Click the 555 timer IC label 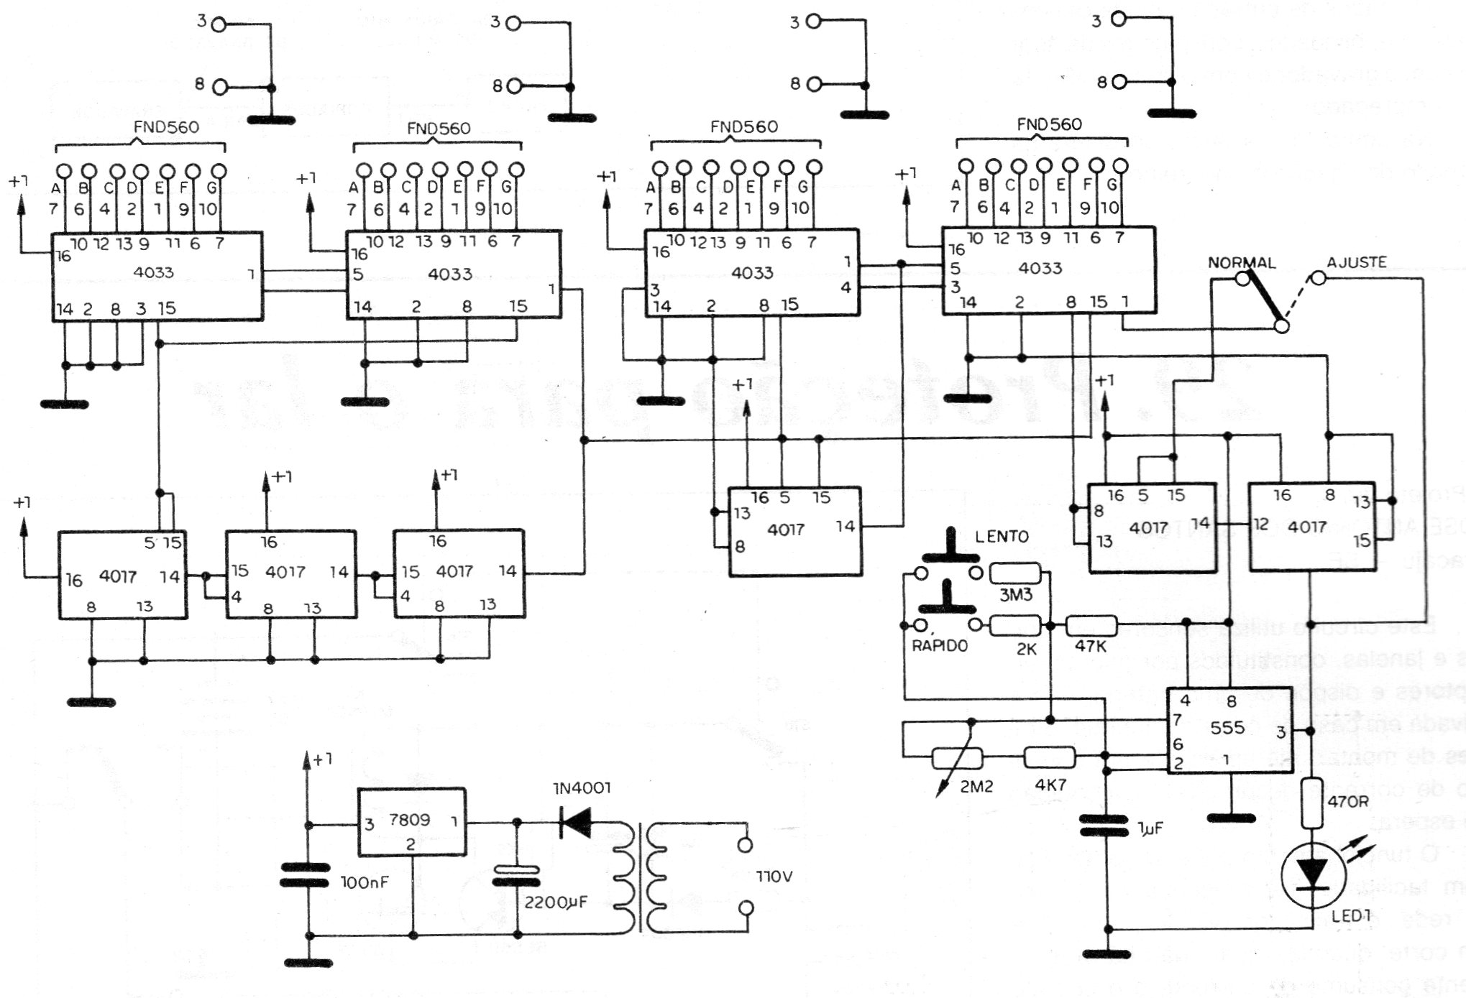tap(1227, 728)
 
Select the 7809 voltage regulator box tap(411, 822)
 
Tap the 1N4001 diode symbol tap(576, 822)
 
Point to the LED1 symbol tap(1313, 875)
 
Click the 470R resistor tap(1313, 803)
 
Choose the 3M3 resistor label tap(1016, 594)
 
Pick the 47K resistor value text tap(1090, 646)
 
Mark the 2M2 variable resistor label tap(976, 786)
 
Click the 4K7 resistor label tap(1050, 785)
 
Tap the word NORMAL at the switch tap(1241, 263)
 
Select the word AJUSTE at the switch tap(1357, 262)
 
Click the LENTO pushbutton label tap(1002, 537)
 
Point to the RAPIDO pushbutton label tap(939, 645)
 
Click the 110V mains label tap(774, 877)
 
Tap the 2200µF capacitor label tap(555, 902)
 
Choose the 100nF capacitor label tap(364, 882)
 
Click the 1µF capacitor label tap(1150, 828)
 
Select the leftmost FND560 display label tap(166, 127)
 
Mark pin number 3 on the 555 tap(1281, 733)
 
